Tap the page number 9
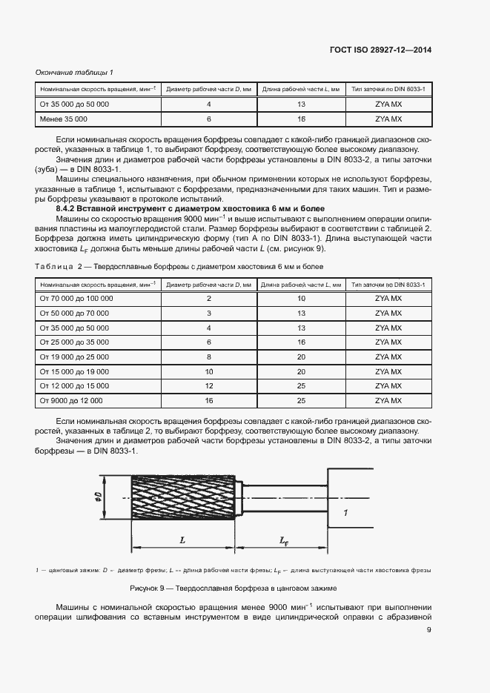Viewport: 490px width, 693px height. click(429, 631)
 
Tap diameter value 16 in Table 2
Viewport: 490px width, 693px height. click(209, 401)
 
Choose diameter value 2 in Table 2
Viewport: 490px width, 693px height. click(209, 298)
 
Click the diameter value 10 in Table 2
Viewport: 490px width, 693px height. click(209, 371)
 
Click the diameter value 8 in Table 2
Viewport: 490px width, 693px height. click(209, 357)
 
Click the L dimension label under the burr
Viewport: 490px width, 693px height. click(183, 541)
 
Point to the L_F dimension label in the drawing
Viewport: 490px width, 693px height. click(284, 542)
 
